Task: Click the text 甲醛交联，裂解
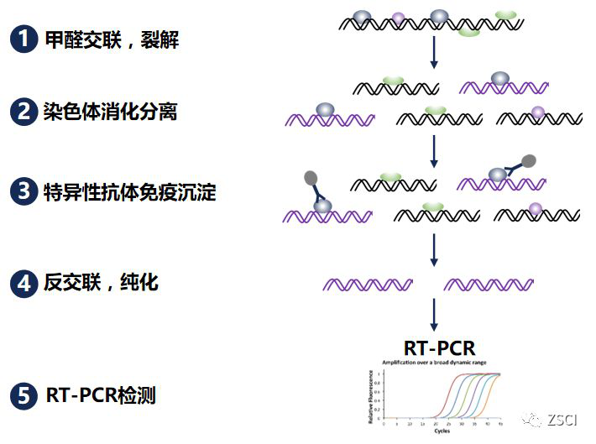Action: pyautogui.click(x=112, y=39)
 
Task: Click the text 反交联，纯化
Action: pyautogui.click(x=101, y=284)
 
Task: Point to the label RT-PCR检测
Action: pyautogui.click(x=101, y=394)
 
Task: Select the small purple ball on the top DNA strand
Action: pyautogui.click(x=399, y=16)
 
